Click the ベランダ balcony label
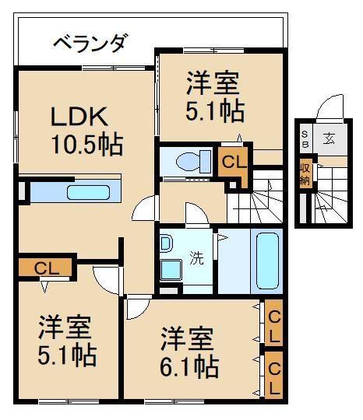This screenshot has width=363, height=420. pyautogui.click(x=90, y=42)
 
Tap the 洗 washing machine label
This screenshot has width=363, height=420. pyautogui.click(x=197, y=260)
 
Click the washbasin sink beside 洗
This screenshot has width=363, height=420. pyautogui.click(x=168, y=269)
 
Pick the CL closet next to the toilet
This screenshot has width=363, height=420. pyautogui.click(x=234, y=162)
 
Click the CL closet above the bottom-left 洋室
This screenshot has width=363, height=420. pyautogui.click(x=45, y=268)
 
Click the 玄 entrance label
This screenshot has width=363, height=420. pyautogui.click(x=329, y=139)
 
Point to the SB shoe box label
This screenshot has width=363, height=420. pyautogui.click(x=305, y=139)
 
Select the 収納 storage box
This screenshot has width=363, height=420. pyautogui.click(x=305, y=173)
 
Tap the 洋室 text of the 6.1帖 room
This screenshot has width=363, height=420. pyautogui.click(x=187, y=339)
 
